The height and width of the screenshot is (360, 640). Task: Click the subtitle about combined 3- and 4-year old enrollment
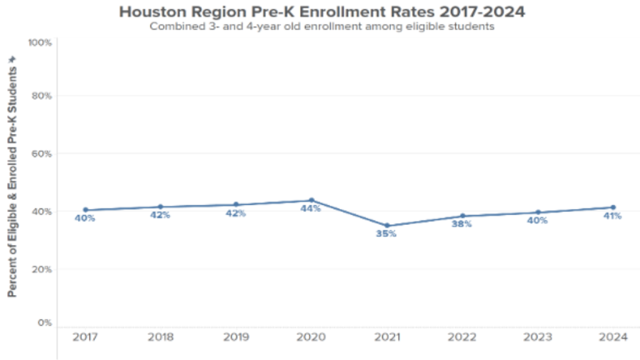[322, 27]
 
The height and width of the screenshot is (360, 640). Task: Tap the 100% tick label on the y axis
[41, 42]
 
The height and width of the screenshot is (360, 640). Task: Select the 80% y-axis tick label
[42, 96]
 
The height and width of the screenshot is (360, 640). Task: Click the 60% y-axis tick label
[42, 154]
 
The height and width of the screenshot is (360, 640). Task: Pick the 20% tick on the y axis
[42, 269]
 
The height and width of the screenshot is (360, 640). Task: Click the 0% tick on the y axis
[45, 322]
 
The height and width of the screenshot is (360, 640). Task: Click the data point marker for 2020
[312, 201]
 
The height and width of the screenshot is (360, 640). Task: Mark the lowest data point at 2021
[387, 226]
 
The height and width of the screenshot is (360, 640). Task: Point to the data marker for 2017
[85, 210]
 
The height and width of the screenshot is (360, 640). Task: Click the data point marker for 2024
[612, 207]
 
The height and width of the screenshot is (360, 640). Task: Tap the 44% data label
[311, 208]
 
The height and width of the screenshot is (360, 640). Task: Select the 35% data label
[386, 234]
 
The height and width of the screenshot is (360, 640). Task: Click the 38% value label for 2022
[462, 224]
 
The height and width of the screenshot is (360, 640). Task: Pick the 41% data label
[612, 216]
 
